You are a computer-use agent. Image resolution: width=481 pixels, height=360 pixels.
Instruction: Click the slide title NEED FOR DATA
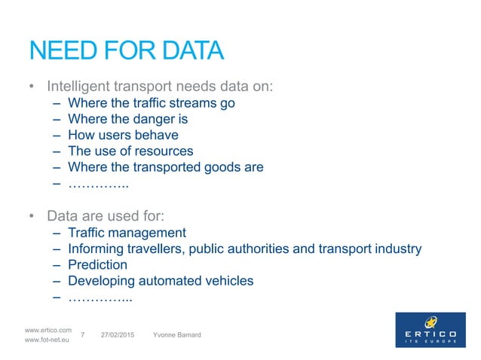tap(126, 51)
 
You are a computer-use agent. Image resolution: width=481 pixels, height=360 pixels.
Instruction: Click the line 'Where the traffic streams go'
tap(151, 103)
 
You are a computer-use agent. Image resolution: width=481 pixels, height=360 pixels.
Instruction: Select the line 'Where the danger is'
tap(127, 119)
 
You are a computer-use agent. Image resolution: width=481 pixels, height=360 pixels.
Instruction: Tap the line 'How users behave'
tap(123, 136)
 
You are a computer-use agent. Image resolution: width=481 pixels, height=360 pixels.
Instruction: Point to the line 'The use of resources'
tap(130, 151)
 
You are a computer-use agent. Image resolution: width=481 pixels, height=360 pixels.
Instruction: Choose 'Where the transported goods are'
tap(165, 167)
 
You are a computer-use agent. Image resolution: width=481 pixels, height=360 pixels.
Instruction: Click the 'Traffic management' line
tap(127, 232)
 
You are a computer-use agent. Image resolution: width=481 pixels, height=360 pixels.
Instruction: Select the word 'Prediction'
tap(97, 264)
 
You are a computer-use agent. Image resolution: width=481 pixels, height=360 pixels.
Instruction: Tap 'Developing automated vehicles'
tap(161, 281)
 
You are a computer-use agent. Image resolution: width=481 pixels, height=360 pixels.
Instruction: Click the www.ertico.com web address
tap(48, 330)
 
